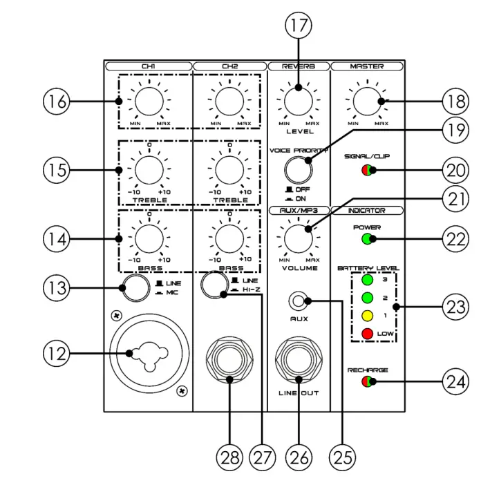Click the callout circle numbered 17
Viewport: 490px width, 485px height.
tap(298, 27)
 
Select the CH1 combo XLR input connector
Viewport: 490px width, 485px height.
tap(149, 354)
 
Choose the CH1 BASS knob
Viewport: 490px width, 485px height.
tap(149, 239)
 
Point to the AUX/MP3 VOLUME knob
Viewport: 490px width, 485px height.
tap(298, 238)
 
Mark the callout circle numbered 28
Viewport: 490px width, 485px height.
tap(231, 456)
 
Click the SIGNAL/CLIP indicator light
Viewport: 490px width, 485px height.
tap(367, 170)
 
